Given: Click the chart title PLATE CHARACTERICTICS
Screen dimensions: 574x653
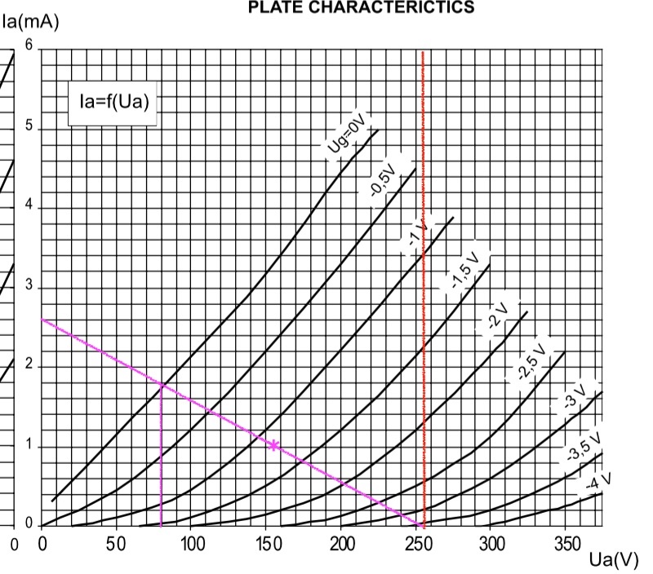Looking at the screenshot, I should click(x=361, y=8).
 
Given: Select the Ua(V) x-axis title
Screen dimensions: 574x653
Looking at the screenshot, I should click(x=614, y=561).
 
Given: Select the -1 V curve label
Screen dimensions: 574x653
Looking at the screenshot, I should click(x=417, y=235).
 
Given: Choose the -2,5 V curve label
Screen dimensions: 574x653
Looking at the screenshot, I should click(x=531, y=360).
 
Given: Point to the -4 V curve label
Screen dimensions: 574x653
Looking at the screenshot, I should click(x=599, y=482).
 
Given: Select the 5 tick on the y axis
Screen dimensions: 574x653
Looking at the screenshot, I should click(x=29, y=127).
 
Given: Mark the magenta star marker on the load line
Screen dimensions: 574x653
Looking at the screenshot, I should click(x=273, y=445).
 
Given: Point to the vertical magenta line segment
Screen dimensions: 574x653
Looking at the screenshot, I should click(x=161, y=457).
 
